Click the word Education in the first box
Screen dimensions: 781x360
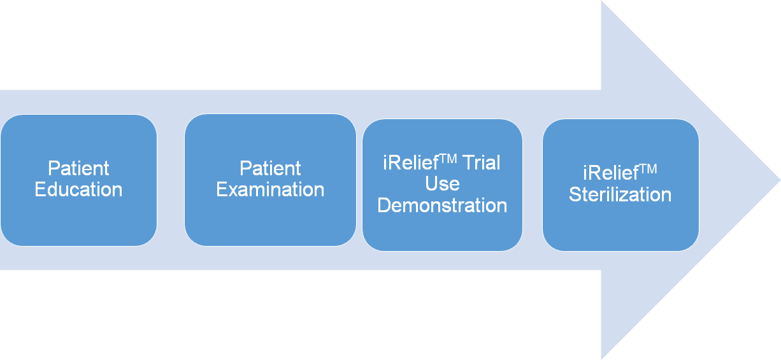[x=78, y=189]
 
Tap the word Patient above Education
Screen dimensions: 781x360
[x=78, y=168]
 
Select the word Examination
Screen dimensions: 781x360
[x=270, y=189]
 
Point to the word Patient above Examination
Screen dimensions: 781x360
[x=270, y=168]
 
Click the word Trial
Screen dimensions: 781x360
[x=482, y=162]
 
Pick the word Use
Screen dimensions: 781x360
[x=442, y=184]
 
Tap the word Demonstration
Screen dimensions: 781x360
[x=442, y=205]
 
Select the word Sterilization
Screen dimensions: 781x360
[x=620, y=194]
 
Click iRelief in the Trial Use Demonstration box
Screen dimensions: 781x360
[x=411, y=163]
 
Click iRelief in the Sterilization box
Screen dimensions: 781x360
[x=611, y=173]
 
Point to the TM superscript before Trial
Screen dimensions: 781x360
[x=448, y=159]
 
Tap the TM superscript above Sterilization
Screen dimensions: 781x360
[x=648, y=169]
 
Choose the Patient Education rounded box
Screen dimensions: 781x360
[x=79, y=180]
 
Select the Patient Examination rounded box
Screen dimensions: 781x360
[x=270, y=180]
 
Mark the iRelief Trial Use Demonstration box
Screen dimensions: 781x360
[x=443, y=185]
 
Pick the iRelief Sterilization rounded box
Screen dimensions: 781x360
[x=620, y=185]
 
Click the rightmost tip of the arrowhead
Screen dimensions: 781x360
[x=780, y=180]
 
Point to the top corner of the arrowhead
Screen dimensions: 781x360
[x=601, y=1]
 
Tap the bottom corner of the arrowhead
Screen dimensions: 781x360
[x=601, y=359]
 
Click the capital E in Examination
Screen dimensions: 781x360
[x=222, y=189]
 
